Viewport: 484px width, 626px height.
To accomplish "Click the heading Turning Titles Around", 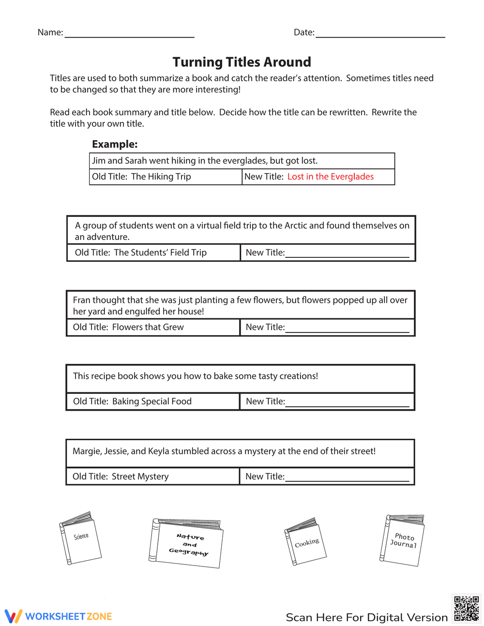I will click(x=242, y=62).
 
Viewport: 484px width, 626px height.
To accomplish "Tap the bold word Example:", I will click(x=115, y=144).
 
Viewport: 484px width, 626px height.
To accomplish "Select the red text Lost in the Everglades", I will click(x=331, y=177).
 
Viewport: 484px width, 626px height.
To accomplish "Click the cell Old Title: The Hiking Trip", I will click(x=141, y=177).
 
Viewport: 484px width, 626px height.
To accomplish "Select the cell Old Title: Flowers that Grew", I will click(x=128, y=327).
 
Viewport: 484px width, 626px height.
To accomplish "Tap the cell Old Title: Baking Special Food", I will click(x=132, y=402).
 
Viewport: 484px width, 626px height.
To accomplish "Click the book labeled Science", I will click(x=80, y=538).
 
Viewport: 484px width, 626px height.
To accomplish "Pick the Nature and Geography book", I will click(x=186, y=543).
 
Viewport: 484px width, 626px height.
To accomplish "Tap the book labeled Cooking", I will click(x=305, y=541).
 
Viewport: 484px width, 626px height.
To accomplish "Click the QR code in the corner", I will click(x=466, y=608).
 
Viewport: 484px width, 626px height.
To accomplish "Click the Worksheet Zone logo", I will click(x=59, y=616).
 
